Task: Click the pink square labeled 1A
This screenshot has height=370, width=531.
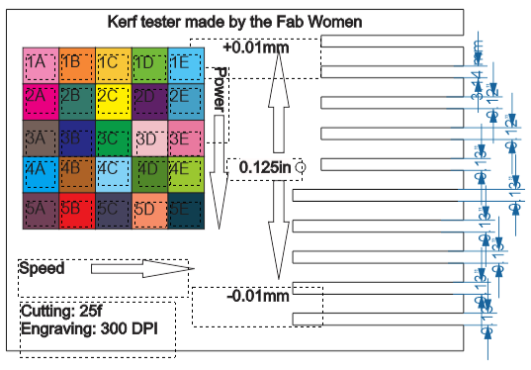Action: pos(40,63)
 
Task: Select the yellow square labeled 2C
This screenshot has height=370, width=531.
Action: pos(113,100)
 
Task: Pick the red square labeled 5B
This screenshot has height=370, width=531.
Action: pos(76,210)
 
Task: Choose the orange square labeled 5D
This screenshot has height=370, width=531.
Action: pos(149,210)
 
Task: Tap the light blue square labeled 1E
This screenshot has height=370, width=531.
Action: pos(185,63)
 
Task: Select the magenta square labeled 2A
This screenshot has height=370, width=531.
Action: pos(40,100)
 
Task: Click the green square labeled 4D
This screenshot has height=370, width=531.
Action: pos(149,173)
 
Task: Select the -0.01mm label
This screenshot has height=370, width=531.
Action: pos(257,294)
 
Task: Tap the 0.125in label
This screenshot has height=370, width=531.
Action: pos(265,168)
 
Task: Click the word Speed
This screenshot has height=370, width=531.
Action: pos(42,268)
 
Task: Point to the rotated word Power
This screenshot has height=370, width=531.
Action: pos(221,89)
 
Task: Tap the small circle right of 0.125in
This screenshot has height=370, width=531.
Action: pos(301,168)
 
